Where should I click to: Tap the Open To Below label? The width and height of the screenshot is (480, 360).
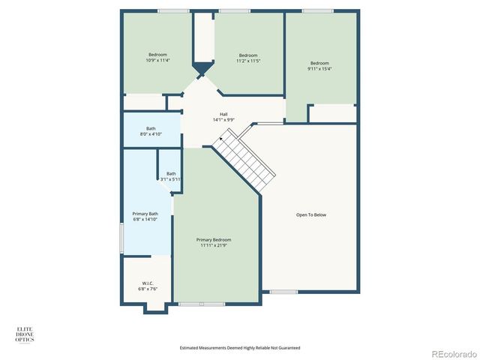point(311,215)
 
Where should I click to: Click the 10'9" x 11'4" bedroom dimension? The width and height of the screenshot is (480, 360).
point(157,61)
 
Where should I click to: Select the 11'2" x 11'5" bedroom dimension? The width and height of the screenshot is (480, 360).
point(248,61)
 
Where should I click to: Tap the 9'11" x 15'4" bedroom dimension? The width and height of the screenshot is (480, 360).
point(320,68)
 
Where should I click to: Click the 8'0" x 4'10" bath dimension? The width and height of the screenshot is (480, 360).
point(151,133)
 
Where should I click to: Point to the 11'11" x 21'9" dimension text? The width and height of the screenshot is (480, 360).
point(215,245)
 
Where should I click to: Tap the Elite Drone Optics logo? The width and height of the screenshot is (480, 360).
point(25,334)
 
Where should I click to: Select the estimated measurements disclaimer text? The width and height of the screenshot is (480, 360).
point(239,347)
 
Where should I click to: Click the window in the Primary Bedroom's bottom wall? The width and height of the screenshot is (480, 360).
point(202,304)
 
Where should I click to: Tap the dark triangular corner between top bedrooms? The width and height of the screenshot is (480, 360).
point(202,69)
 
